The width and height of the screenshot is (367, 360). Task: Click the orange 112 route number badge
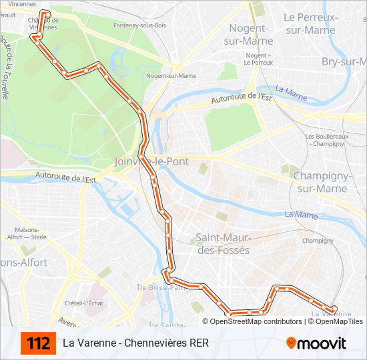[38, 343]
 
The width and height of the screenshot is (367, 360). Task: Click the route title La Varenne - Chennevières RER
[135, 343]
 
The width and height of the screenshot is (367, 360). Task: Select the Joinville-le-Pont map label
[151, 162]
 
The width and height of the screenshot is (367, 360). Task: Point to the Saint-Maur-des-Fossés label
[222, 244]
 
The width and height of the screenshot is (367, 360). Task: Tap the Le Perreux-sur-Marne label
[309, 23]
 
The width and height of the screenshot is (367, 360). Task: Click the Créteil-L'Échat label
[85, 303]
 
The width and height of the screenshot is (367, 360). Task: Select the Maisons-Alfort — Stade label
[26, 232]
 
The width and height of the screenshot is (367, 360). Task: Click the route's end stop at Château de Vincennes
[47, 13]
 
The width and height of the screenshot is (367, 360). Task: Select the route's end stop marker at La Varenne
[334, 309]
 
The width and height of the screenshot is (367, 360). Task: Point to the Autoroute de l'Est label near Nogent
[241, 99]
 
